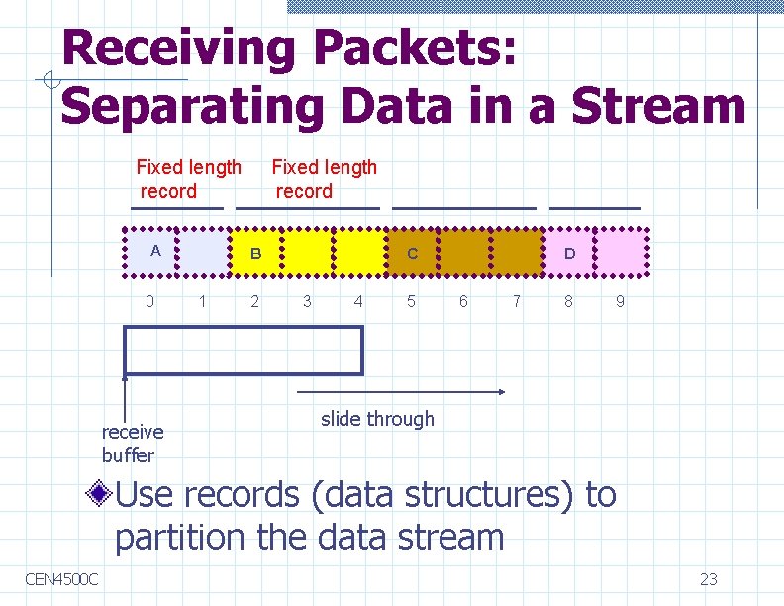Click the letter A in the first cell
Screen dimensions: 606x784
click(155, 251)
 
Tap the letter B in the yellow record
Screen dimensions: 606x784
click(255, 254)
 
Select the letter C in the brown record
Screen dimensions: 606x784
click(413, 254)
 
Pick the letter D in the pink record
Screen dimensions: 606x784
click(569, 254)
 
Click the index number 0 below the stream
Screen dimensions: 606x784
click(150, 301)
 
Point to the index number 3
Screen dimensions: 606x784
click(307, 301)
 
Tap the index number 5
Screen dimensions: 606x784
click(412, 301)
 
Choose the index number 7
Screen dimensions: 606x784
click(516, 301)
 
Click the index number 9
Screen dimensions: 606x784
click(620, 301)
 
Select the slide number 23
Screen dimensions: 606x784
click(708, 579)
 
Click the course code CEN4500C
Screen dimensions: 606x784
click(62, 578)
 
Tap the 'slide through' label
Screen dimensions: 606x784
click(377, 419)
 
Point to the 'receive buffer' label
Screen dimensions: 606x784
click(133, 444)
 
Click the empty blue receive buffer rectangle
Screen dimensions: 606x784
click(244, 351)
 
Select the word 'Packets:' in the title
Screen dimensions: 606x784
click(415, 48)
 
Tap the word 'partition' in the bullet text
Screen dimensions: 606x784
click(179, 538)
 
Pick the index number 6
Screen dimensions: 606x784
click(463, 301)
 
